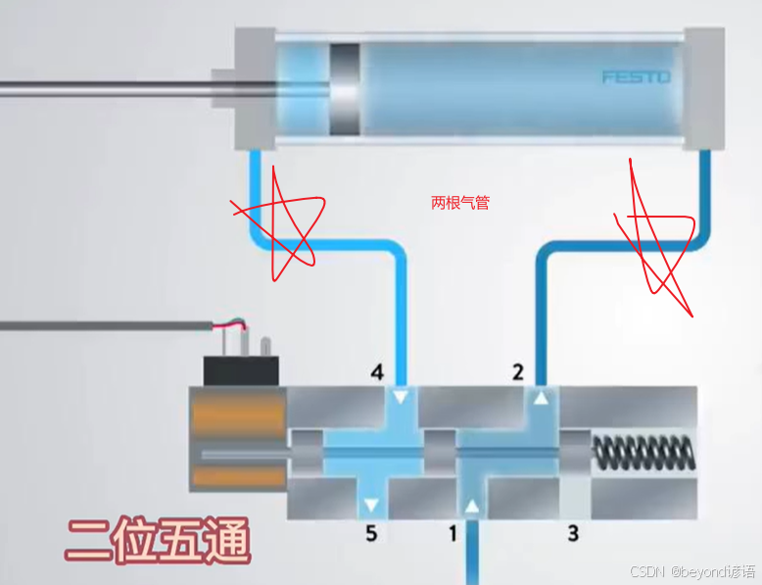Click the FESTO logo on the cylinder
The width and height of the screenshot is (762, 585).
click(635, 76)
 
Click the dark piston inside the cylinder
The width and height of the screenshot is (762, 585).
click(344, 89)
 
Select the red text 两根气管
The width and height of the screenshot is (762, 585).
click(459, 203)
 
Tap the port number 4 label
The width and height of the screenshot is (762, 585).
click(377, 372)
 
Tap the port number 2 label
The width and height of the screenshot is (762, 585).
click(518, 371)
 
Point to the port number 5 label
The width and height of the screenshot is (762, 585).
click(370, 534)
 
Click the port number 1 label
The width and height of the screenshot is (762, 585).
click(453, 534)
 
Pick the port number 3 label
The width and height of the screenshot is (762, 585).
click(573, 534)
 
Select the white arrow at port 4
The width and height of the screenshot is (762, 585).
click(399, 398)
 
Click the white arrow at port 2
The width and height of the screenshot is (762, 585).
click(541, 398)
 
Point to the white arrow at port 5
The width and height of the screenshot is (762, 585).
click(370, 507)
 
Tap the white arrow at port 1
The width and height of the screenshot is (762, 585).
click(473, 507)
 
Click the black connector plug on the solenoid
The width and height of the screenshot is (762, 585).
click(241, 370)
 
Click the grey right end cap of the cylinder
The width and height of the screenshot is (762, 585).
click(704, 89)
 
